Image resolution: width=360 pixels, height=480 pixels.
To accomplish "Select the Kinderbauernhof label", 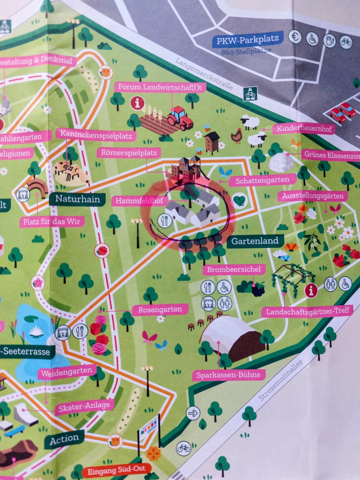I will point(304,129).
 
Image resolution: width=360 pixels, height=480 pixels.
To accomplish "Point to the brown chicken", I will point(236,136).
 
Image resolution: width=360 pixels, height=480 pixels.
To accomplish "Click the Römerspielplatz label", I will point(129,153).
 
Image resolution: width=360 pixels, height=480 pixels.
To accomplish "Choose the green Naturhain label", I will point(77,199).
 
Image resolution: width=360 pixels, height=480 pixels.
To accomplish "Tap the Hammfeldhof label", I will point(139,201).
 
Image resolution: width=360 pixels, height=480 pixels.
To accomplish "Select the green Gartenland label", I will point(255,241).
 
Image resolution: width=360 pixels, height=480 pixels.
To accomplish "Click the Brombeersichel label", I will point(234,270).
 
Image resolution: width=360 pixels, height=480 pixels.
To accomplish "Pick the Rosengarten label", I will point(160,310).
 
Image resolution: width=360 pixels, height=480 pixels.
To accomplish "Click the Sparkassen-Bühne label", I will point(229,375).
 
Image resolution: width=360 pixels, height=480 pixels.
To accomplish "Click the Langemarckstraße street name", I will point(204,74).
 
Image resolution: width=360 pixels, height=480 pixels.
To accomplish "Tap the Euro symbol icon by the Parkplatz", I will point(295,37).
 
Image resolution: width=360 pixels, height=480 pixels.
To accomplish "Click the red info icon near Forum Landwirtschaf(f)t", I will point(137,103).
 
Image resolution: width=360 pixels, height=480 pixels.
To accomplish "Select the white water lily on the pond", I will point(36,331).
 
